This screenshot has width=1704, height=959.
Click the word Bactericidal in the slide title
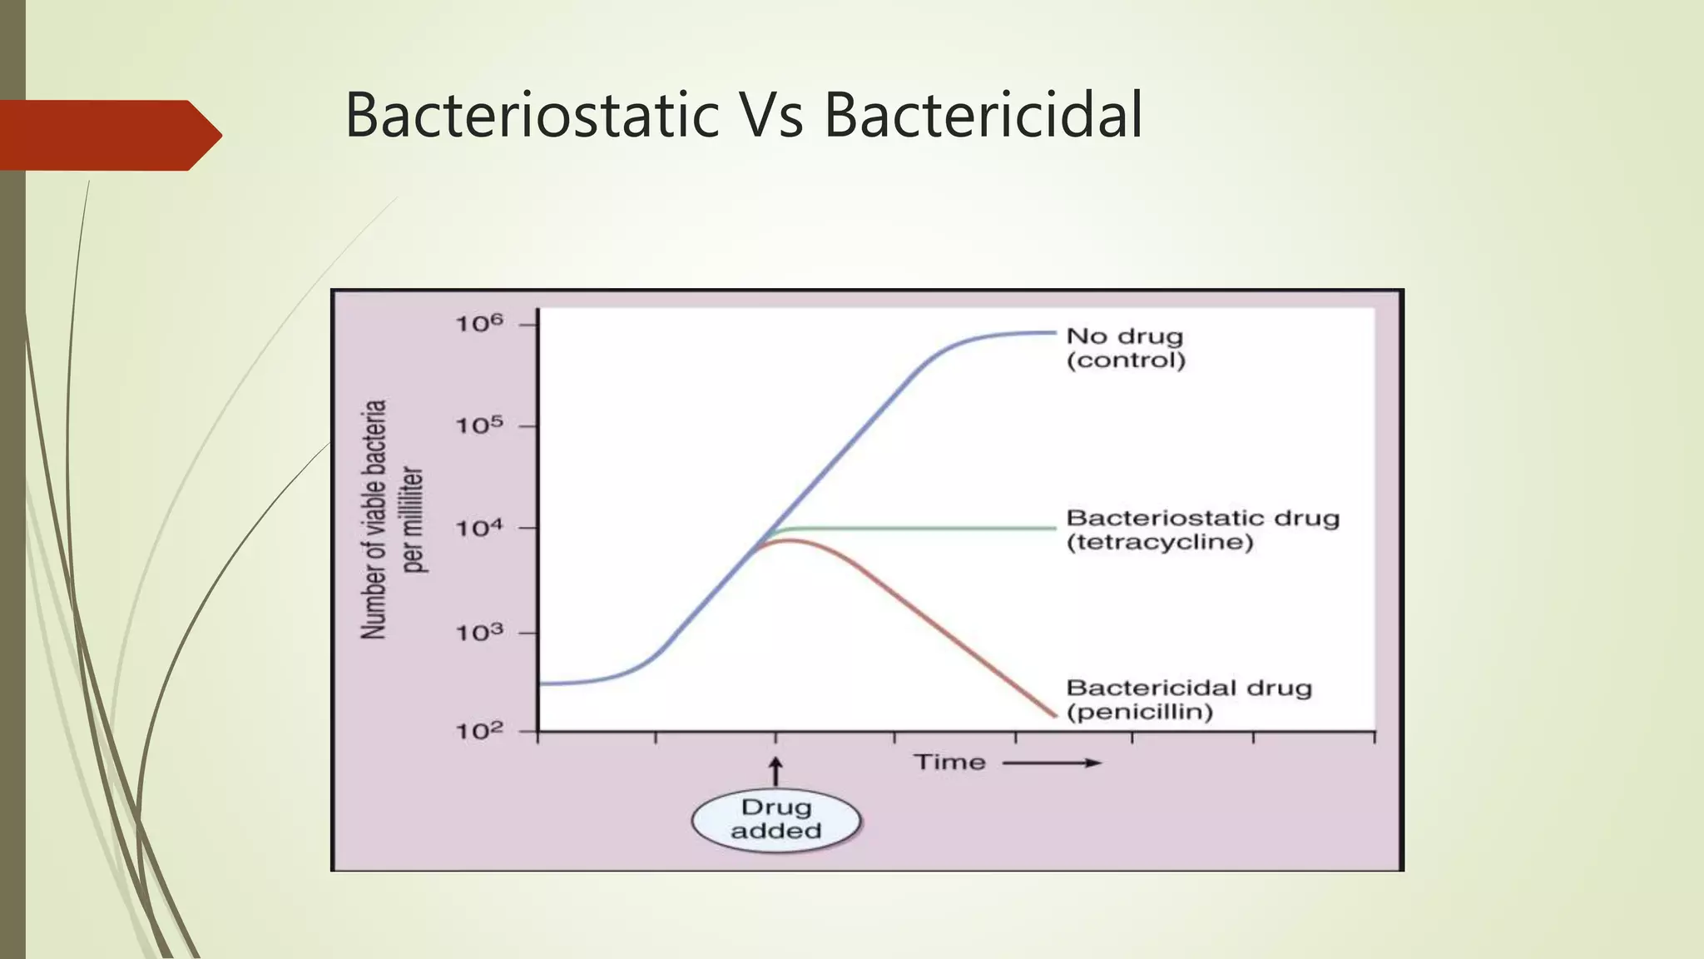pos(983,115)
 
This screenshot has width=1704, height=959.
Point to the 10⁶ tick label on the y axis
pos(479,323)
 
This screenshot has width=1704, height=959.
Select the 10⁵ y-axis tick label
pos(479,425)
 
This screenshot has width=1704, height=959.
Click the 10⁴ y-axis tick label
pos(479,528)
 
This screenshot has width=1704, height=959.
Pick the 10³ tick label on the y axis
pos(479,633)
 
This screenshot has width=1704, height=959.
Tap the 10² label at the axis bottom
pos(479,731)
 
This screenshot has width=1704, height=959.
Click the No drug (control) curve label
pos(1125,348)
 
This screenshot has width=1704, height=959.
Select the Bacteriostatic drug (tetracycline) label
pos(1202,530)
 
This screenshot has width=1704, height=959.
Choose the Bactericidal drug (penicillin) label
pos(1188,699)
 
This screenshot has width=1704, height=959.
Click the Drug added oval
pos(775,819)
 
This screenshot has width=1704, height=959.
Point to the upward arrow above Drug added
pos(775,771)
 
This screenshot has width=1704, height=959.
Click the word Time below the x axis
pos(949,762)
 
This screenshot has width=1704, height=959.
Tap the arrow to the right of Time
pos(1052,763)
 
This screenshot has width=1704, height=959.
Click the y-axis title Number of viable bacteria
pos(375,519)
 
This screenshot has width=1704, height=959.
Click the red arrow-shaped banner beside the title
pos(108,135)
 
